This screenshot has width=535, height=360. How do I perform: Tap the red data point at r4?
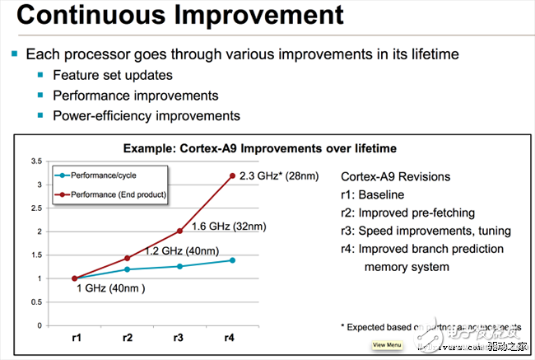[x=233, y=175]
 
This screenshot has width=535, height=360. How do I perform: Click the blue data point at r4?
[x=233, y=260]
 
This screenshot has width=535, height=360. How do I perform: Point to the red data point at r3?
[x=180, y=231]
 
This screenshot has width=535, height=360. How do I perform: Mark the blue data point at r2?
[x=127, y=269]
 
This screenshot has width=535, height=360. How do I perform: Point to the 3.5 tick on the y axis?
[x=35, y=161]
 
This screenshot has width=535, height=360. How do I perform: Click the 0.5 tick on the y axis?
[x=35, y=302]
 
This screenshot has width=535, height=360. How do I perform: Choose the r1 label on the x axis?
[x=74, y=338]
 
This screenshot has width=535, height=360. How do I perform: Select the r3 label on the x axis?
[x=180, y=338]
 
